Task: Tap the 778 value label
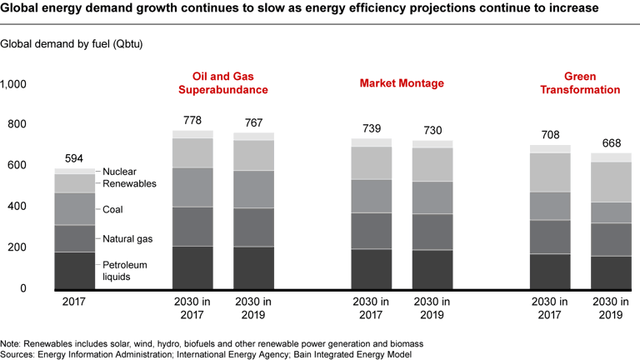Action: click(x=192, y=121)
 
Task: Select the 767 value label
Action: click(x=253, y=123)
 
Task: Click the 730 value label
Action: click(x=432, y=130)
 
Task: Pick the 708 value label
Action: click(x=550, y=134)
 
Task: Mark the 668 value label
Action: click(x=611, y=142)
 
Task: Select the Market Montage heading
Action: click(x=402, y=83)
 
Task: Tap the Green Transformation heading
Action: click(x=579, y=82)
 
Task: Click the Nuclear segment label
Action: click(x=120, y=171)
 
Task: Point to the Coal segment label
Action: click(x=113, y=210)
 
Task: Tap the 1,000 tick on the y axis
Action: click(x=14, y=84)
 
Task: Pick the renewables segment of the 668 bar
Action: click(x=611, y=182)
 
